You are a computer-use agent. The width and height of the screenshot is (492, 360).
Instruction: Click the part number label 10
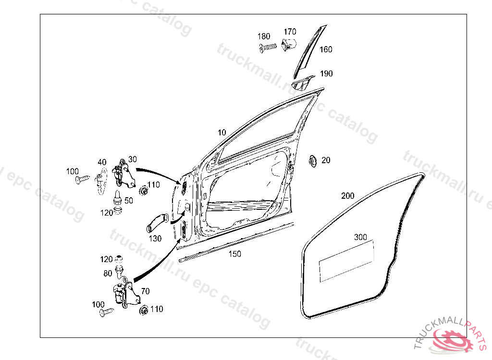(x=221, y=132)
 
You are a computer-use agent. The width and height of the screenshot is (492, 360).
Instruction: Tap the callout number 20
(x=326, y=160)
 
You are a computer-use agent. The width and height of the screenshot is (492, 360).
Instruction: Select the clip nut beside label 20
(x=312, y=160)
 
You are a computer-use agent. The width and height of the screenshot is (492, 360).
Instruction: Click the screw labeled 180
(x=268, y=48)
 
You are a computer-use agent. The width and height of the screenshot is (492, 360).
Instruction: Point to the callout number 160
(x=326, y=49)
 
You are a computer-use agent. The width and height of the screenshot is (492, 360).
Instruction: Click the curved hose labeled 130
(x=155, y=224)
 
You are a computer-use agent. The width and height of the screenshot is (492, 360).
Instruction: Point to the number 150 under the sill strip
(x=234, y=254)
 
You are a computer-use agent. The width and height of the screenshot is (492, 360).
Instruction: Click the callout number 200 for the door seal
(x=348, y=196)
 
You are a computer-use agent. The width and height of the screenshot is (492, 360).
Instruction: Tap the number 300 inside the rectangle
(x=360, y=238)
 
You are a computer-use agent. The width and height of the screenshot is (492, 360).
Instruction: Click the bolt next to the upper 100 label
(x=82, y=180)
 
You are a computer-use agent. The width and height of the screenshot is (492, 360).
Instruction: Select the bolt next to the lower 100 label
(x=106, y=312)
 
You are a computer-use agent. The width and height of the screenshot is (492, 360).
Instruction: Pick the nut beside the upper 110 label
(x=143, y=191)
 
